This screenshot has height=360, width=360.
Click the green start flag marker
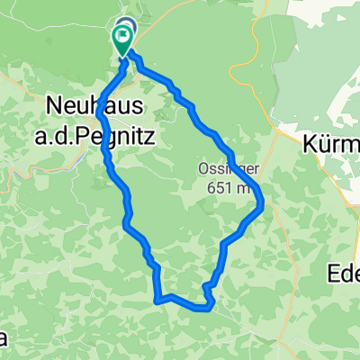click(121, 37)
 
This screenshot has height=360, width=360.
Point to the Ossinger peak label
click(221, 169)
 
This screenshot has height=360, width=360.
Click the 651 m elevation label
click(226, 189)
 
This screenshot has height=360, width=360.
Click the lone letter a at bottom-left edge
click(4, 337)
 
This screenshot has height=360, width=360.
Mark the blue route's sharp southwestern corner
click(157, 299)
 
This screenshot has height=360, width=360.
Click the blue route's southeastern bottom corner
click(210, 308)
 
